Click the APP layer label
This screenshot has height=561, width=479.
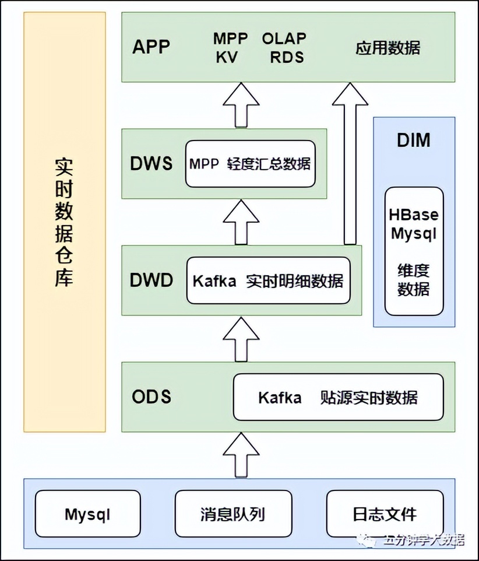click(151, 47)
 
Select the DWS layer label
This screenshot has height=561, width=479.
click(152, 163)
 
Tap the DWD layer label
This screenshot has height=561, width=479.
click(152, 280)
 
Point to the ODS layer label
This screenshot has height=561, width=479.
click(152, 397)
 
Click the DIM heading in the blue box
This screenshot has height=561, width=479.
click(413, 141)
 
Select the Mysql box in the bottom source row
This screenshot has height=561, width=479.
click(88, 514)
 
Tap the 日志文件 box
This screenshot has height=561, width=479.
click(385, 514)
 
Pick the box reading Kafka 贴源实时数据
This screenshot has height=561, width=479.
click(338, 397)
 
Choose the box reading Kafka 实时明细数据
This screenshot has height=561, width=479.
click(269, 280)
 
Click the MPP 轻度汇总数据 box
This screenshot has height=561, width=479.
click(250, 164)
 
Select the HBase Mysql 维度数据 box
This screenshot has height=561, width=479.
click(414, 251)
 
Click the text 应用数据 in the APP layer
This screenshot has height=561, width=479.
click(388, 47)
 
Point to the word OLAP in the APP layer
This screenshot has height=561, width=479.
click(284, 38)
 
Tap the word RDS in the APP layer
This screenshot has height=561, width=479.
click(286, 57)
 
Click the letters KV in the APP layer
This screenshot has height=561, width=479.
click(227, 57)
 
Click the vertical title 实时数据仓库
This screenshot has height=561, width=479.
click(64, 222)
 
